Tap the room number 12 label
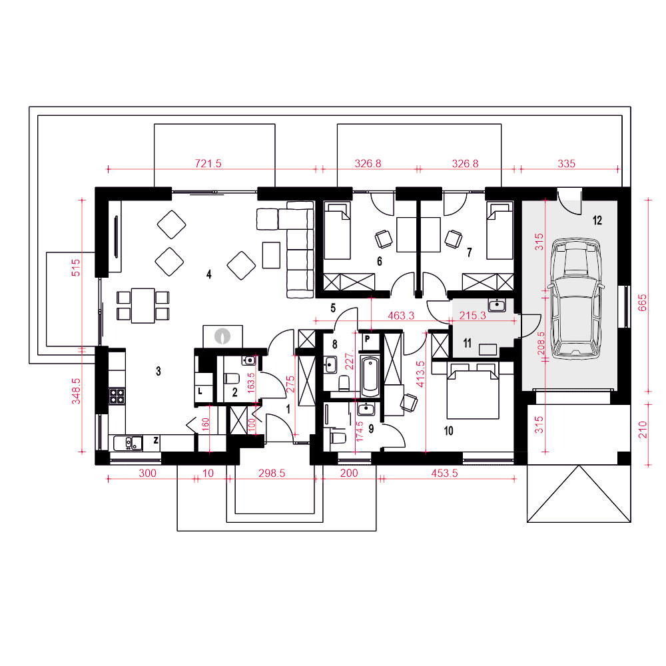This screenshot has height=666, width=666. click(x=597, y=220)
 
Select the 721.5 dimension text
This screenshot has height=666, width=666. click(x=208, y=164)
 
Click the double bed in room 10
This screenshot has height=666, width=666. click(x=472, y=391)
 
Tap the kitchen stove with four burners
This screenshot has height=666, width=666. click(x=117, y=396)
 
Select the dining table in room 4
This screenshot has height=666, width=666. click(x=143, y=306)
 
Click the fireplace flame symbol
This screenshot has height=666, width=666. click(x=222, y=336)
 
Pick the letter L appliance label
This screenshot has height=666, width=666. click(x=200, y=392)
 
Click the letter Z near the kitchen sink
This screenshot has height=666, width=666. click(x=156, y=440)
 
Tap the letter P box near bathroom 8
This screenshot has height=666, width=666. click(x=368, y=340)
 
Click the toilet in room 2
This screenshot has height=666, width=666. click(x=232, y=378)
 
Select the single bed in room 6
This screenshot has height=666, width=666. click(x=337, y=230)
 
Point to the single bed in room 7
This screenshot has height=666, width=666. click(x=499, y=230)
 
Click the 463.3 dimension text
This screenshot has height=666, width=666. click(x=401, y=316)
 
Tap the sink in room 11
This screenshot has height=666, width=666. click(x=497, y=306)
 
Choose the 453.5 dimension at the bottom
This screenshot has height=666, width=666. click(x=444, y=473)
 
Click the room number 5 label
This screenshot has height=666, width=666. click(x=333, y=308)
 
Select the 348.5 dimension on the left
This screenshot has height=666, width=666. click(x=76, y=391)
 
